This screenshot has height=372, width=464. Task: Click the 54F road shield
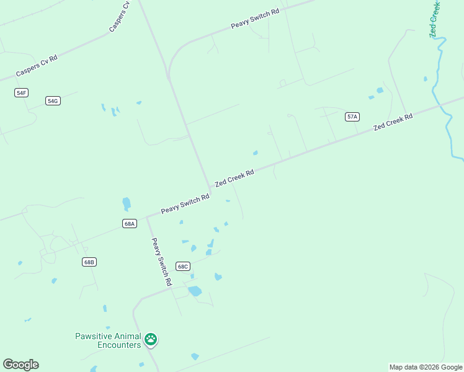(22, 92)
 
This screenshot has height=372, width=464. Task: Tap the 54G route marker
(53, 100)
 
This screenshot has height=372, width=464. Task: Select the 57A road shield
(352, 117)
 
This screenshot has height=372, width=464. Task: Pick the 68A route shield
(129, 223)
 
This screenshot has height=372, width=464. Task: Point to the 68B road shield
(89, 262)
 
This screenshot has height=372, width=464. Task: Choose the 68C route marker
(182, 266)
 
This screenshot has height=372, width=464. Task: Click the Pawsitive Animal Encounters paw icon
(151, 339)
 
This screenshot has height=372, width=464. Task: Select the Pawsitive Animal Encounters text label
(108, 340)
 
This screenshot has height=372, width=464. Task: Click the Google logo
(20, 365)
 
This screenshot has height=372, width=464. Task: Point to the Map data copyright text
(426, 367)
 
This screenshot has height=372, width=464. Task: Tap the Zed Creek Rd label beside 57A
(393, 122)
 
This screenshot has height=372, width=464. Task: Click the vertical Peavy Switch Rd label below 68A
(161, 261)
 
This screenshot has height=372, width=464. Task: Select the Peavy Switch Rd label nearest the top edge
(255, 18)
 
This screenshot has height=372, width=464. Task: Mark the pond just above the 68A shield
(127, 203)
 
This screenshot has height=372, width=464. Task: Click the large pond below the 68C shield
(195, 291)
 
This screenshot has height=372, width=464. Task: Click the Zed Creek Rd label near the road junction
(234, 179)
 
